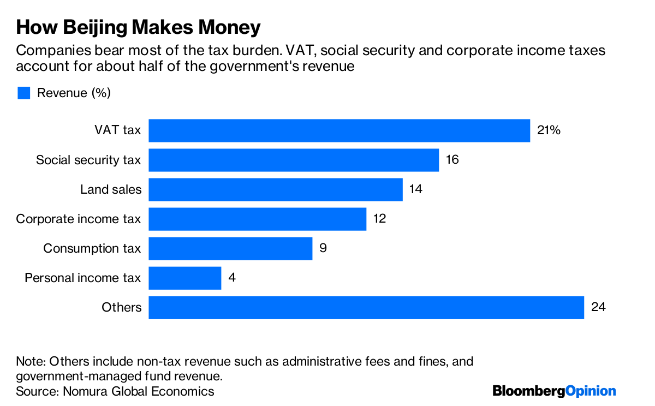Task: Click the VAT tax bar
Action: (x=339, y=130)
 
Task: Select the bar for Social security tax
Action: (x=294, y=160)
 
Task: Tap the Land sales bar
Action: (x=276, y=189)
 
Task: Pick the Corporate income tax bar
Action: (x=257, y=219)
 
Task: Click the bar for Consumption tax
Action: (x=230, y=248)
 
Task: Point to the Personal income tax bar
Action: (x=184, y=278)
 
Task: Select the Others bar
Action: (x=366, y=307)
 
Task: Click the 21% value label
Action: (x=549, y=130)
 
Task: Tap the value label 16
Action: (x=452, y=160)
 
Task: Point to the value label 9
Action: (x=323, y=248)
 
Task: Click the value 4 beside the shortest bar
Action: (x=231, y=278)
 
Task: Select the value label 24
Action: (x=598, y=307)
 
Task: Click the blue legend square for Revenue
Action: (x=23, y=93)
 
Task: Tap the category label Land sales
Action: (x=110, y=189)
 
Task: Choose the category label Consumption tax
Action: (x=92, y=248)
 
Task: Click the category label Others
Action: (x=121, y=307)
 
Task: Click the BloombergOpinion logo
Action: (x=553, y=391)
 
